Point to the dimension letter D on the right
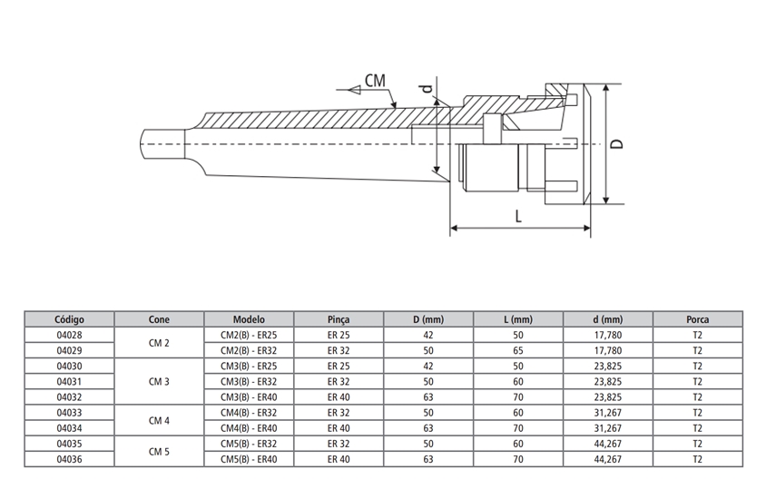[616, 145]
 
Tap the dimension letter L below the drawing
[518, 217]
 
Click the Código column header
[69, 319]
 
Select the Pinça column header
[338, 319]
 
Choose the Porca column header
[697, 319]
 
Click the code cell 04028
[69, 335]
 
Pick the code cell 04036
[69, 459]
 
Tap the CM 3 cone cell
[159, 381]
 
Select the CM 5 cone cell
[159, 451]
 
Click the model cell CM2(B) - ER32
[249, 350]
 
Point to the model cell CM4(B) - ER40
[249, 428]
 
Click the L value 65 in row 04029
[518, 350]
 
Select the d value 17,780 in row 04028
[607, 335]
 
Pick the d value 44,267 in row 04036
[607, 459]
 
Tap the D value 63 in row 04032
[427, 397]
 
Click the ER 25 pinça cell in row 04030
[338, 366]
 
